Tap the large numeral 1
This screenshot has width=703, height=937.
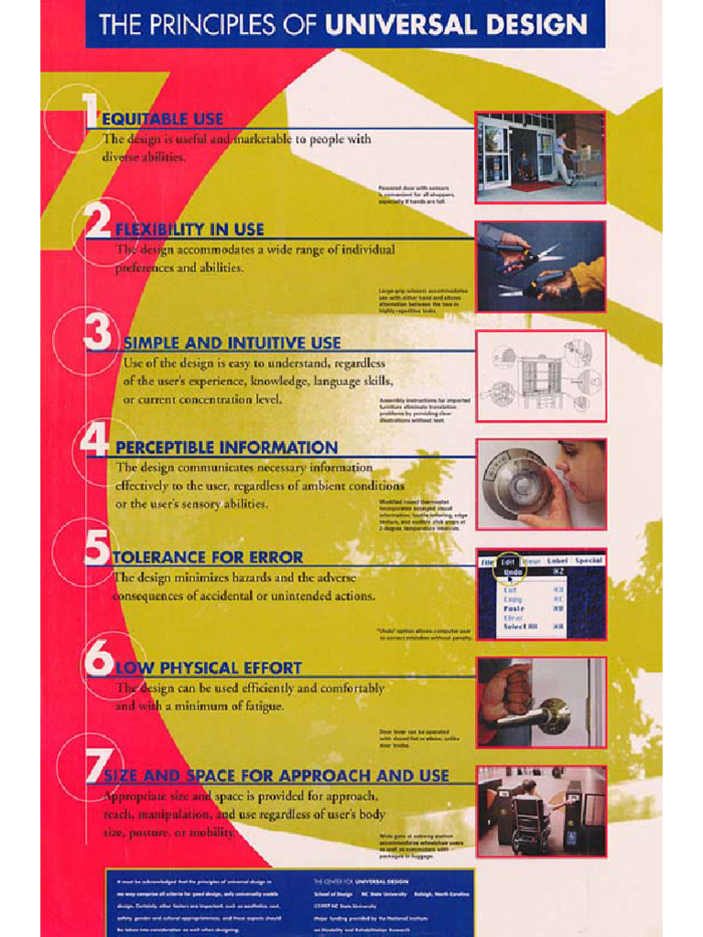(91, 113)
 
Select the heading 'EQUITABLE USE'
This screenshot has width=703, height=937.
(162, 119)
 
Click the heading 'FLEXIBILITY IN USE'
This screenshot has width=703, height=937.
(189, 230)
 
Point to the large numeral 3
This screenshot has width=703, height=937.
(98, 333)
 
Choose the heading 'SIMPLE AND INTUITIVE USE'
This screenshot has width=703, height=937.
(232, 343)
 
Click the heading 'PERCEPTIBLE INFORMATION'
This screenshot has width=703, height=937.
(226, 447)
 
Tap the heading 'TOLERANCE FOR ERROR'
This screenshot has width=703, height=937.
(207, 557)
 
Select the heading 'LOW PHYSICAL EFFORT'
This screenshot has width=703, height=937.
(208, 668)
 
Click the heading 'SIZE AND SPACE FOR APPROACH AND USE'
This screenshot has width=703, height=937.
(276, 776)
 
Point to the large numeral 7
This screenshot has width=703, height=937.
(97, 767)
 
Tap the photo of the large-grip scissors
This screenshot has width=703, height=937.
(540, 266)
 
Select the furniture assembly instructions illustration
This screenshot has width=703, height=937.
(540, 376)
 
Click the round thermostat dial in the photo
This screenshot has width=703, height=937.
(516, 483)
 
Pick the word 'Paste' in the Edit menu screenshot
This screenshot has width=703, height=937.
(514, 609)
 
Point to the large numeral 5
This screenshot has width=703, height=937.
(97, 548)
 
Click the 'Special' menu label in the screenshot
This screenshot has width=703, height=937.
(588, 561)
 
